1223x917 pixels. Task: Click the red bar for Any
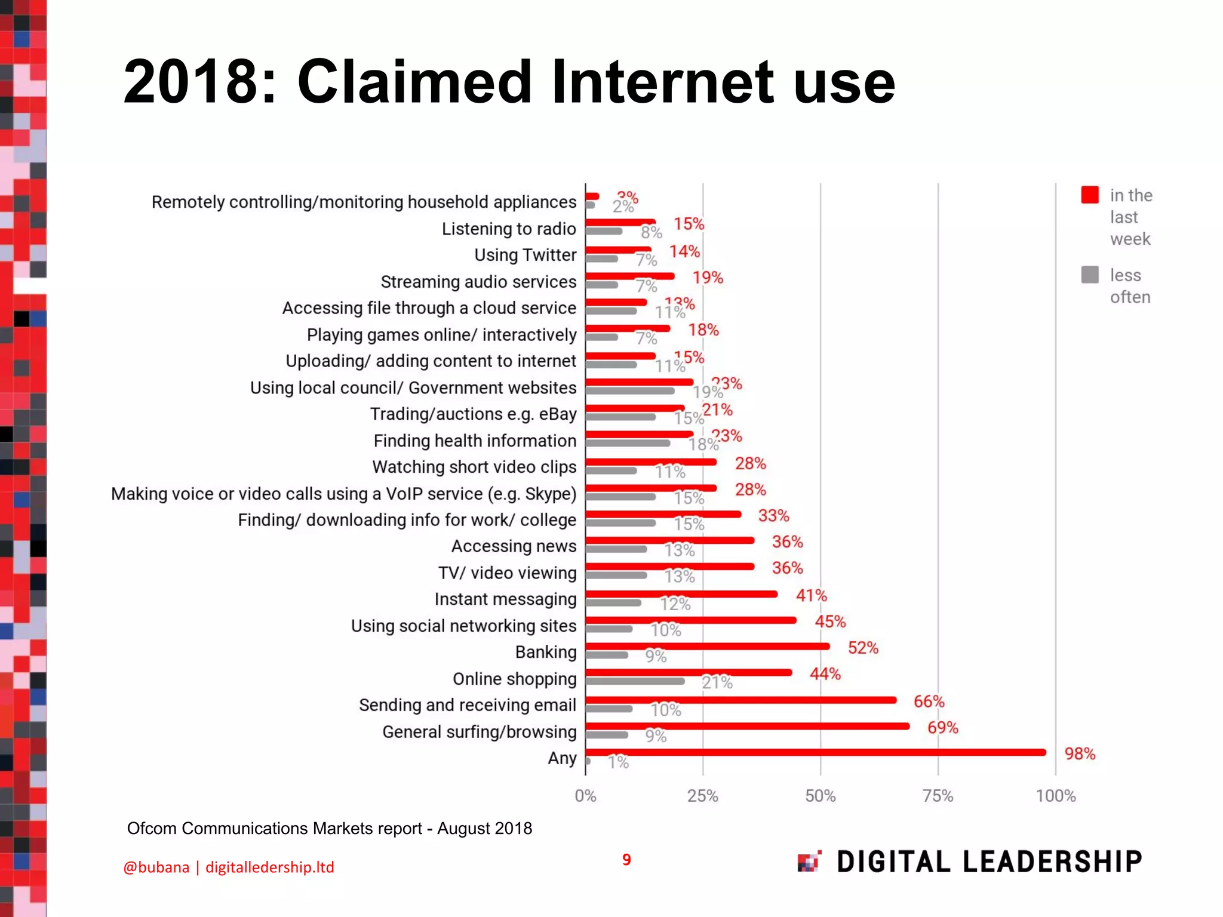tap(815, 752)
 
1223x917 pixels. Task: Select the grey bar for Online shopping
tap(635, 681)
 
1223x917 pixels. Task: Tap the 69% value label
tap(942, 728)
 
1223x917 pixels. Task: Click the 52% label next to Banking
tap(863, 648)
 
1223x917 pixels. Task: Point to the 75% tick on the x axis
tap(938, 796)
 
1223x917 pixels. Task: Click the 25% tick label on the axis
tap(702, 796)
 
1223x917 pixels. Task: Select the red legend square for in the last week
tap(1090, 195)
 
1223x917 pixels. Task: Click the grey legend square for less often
tap(1090, 275)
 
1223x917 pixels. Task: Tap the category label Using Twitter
tap(525, 255)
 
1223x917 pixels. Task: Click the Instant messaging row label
tap(505, 599)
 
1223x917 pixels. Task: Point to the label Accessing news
tap(514, 546)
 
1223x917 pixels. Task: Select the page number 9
tap(626, 860)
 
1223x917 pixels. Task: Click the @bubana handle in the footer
tap(156, 867)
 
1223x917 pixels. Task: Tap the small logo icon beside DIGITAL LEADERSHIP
tap(809, 861)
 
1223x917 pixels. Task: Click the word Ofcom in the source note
tap(152, 829)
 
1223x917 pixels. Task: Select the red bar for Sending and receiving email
tap(740, 700)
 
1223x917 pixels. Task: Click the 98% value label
tap(1080, 754)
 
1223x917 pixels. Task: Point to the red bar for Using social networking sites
tap(691, 620)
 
